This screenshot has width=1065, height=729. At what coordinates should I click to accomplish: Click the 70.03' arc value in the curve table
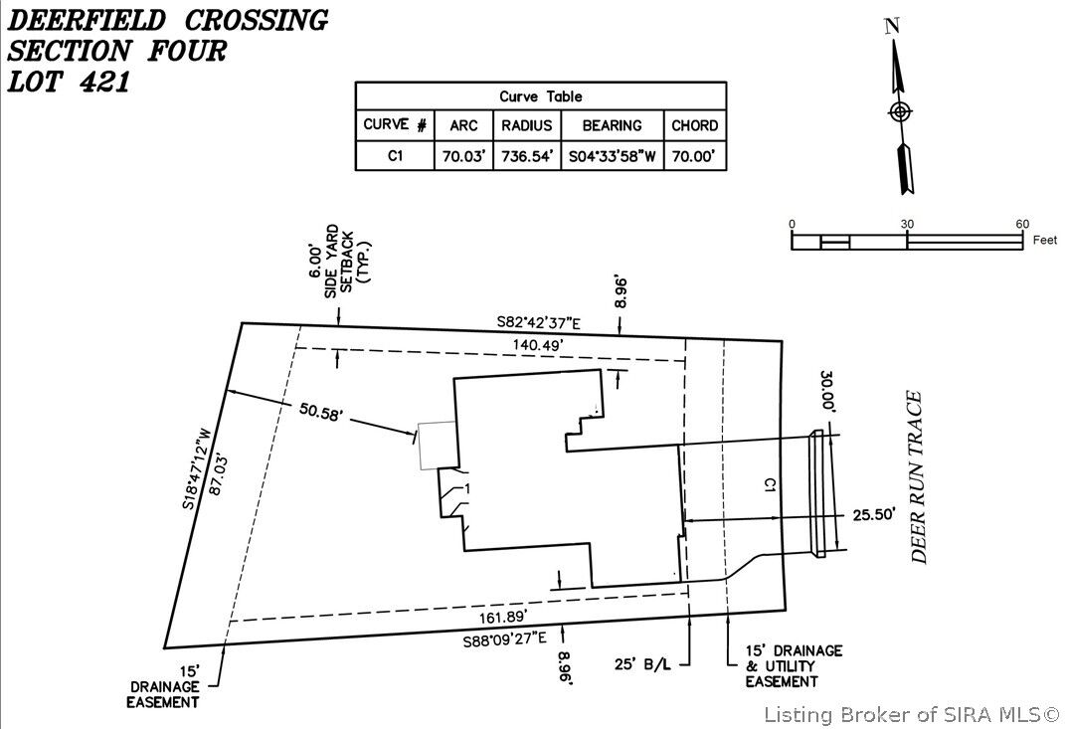tap(463, 156)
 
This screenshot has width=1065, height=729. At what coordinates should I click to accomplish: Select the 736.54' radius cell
tap(527, 156)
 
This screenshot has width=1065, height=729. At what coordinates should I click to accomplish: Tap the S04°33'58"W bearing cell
tap(612, 156)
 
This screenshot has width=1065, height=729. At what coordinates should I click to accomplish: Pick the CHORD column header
tap(694, 125)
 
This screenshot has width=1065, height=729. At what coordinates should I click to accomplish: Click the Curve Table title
tap(541, 96)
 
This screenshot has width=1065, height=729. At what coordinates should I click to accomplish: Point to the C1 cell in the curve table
tap(395, 156)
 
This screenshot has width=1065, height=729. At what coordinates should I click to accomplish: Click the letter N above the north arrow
tap(893, 27)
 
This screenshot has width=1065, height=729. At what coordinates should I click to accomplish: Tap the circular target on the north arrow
tap(899, 111)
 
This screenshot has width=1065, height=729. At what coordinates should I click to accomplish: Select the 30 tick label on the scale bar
tap(907, 224)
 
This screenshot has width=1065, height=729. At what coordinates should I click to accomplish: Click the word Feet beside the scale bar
tap(1045, 241)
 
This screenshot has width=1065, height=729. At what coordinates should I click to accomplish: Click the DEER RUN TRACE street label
tap(919, 477)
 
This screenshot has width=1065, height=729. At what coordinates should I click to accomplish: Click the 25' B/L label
tap(643, 662)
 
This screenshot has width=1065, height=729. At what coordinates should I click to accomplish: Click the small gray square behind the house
tap(437, 445)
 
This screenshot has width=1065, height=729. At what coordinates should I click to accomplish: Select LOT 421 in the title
tap(70, 82)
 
